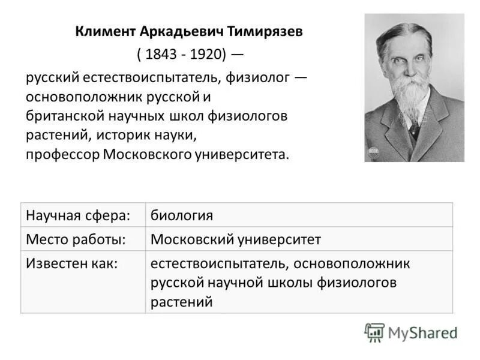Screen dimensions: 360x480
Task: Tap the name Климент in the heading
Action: [x=100, y=31]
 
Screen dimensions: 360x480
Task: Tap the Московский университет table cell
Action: [x=235, y=239]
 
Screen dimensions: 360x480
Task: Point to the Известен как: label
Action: [x=71, y=263]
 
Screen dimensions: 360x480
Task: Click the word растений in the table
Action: [x=182, y=302]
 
